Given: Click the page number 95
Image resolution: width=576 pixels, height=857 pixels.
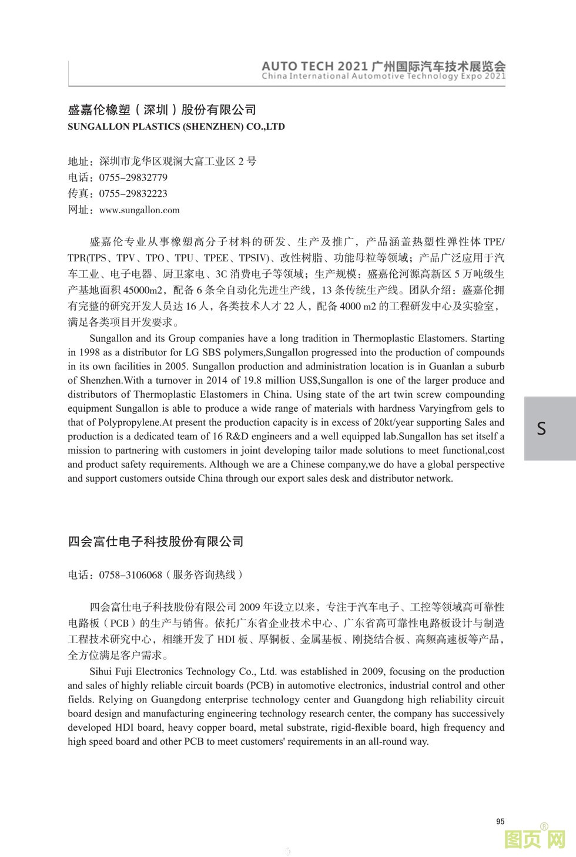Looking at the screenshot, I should click(500, 821).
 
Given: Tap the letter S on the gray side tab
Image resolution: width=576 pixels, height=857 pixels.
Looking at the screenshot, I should click(541, 428).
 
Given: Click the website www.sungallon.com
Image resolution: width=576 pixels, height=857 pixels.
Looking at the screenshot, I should click(139, 210).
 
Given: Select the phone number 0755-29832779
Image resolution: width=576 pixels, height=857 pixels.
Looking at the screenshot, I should click(133, 177).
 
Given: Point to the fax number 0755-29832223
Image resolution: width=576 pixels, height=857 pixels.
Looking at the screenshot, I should click(133, 193).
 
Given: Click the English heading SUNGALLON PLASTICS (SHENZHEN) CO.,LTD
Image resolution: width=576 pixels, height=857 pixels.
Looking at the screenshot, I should click(176, 126).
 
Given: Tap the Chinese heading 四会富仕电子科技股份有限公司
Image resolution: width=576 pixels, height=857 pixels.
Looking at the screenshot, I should click(156, 541).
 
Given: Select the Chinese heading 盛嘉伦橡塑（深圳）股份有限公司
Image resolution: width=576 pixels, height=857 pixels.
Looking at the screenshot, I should click(162, 110).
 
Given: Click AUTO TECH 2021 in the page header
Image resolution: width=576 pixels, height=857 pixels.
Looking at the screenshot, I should click(314, 66).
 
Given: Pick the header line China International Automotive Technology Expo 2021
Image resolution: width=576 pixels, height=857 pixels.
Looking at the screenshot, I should click(383, 76).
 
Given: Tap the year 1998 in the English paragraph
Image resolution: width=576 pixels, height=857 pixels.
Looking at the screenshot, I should click(89, 352).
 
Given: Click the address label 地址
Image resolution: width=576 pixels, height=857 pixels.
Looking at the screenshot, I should click(79, 162).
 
